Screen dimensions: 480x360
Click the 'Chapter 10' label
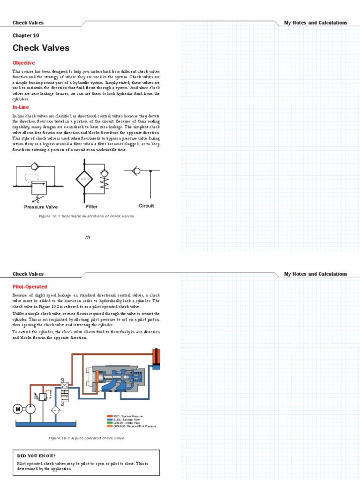coord(26,35)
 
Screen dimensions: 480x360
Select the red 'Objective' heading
coord(23,63)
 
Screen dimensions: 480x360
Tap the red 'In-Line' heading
coord(21,107)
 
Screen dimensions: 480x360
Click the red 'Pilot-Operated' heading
coord(30,286)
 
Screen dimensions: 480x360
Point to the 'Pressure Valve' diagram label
coord(41,207)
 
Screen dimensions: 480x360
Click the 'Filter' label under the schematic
coord(92,206)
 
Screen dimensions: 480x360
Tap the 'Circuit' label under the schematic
coord(146,206)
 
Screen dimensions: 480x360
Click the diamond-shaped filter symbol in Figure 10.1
coord(85,179)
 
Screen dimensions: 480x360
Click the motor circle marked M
coord(18,409)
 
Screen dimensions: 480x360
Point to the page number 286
coord(88,237)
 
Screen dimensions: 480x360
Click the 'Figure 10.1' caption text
coord(87,216)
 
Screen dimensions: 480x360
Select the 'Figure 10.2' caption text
coord(86,438)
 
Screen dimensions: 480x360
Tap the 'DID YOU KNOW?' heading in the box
coord(36,455)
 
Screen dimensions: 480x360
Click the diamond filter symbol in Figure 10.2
coord(56,410)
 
